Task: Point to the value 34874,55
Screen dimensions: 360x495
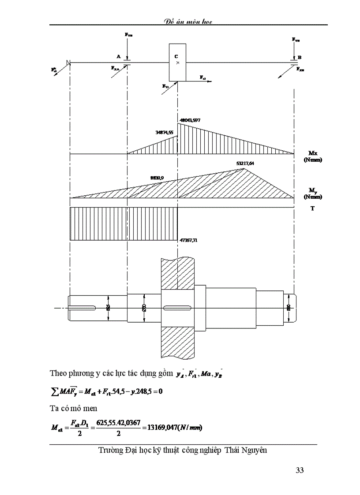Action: (x=165, y=132)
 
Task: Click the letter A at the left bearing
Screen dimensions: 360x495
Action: (x=118, y=57)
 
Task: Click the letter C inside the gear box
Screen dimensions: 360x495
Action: (x=176, y=56)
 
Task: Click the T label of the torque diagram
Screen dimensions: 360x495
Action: (x=312, y=208)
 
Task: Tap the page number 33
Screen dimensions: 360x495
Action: (x=300, y=470)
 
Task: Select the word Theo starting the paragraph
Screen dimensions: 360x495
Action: (x=58, y=373)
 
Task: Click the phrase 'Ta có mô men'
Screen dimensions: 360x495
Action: (x=73, y=408)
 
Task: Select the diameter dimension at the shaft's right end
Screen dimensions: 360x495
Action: (x=289, y=307)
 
